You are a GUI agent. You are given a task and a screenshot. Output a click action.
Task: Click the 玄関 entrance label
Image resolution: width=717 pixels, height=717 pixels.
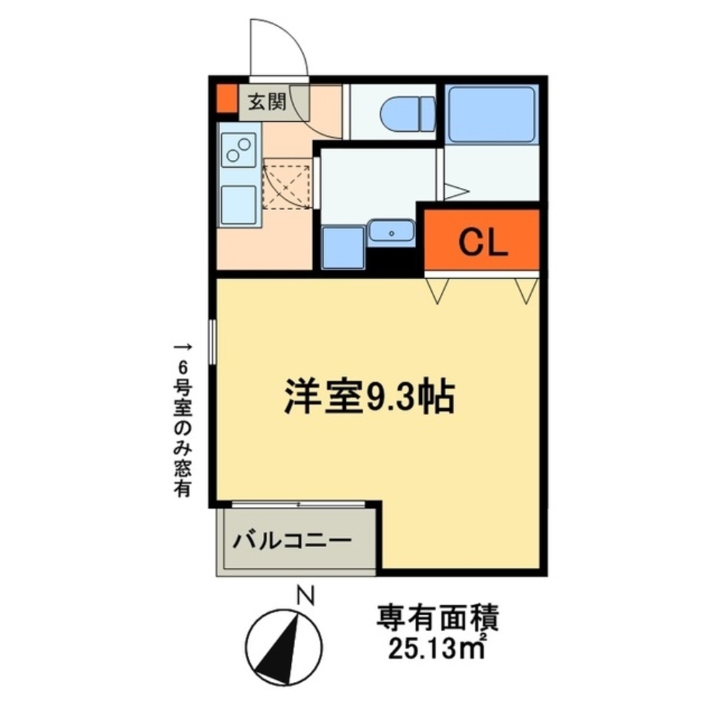266,103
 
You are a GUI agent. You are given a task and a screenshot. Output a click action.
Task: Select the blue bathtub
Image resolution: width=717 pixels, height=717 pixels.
491,114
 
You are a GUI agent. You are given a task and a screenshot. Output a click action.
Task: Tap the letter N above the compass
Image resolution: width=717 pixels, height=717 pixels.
307,595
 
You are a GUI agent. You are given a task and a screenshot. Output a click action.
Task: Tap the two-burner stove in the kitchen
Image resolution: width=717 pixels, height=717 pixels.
239,150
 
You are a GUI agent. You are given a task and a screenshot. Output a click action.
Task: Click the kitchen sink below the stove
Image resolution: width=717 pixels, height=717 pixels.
239,204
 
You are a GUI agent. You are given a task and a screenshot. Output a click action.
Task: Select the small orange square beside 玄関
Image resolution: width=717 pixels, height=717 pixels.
226,100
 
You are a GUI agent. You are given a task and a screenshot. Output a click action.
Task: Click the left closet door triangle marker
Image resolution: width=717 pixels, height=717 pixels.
438,288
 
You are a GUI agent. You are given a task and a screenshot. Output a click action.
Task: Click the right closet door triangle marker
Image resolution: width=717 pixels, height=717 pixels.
526,288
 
